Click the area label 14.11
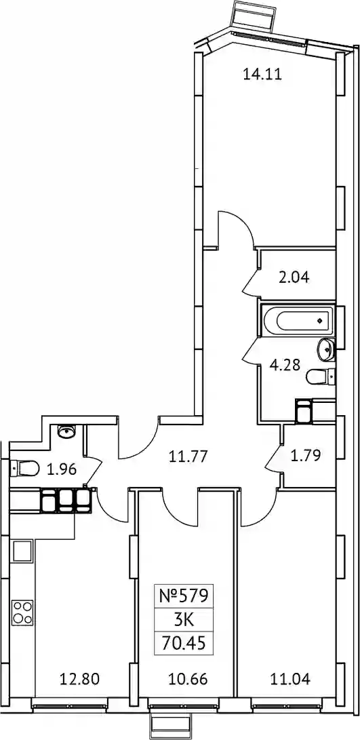(x=262, y=74)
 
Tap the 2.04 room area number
(x=294, y=277)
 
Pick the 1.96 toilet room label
(x=62, y=469)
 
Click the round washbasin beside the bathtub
(x=326, y=349)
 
